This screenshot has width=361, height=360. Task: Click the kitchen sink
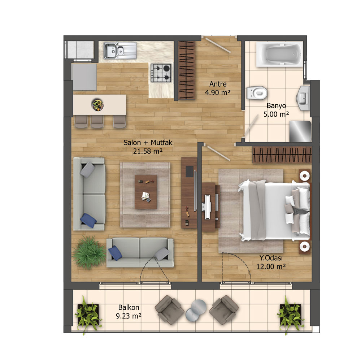tap(120, 51)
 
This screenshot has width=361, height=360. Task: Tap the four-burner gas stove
tap(161, 73)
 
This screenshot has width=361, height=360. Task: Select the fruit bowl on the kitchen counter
tap(97, 105)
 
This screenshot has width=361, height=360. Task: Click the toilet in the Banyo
tap(257, 93)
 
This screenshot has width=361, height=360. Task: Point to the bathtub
tap(279, 55)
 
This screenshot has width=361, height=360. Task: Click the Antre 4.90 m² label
tap(218, 88)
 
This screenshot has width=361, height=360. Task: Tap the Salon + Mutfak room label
tap(148, 147)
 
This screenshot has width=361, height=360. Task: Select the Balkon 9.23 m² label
tap(129, 312)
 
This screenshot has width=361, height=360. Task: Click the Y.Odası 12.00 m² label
tap(271, 262)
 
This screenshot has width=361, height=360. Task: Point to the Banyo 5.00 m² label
tap(276, 110)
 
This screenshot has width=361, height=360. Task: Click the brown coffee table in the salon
tap(146, 192)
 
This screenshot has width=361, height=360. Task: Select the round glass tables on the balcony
tap(196, 310)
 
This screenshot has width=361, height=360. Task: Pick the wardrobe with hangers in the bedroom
tap(282, 155)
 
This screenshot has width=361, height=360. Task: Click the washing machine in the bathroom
tap(300, 131)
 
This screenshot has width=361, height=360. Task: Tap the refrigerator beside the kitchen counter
tap(84, 77)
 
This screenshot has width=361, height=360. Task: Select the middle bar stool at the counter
tap(97, 121)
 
